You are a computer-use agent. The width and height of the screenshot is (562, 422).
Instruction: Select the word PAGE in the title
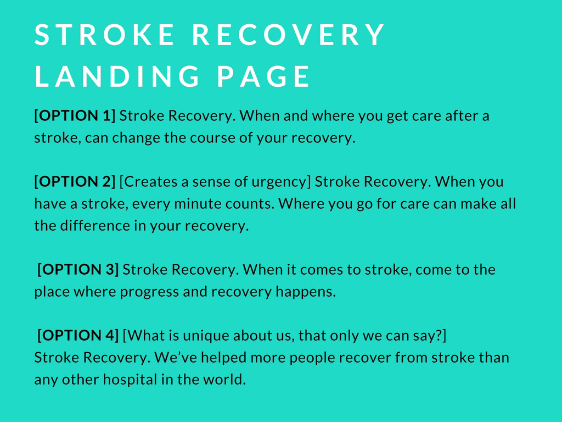(x=263, y=76)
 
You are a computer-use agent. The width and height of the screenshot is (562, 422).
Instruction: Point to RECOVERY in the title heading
(x=289, y=35)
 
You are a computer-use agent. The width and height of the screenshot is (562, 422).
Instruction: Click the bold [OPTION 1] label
(x=75, y=116)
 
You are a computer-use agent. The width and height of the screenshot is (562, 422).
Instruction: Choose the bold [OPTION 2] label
(x=75, y=182)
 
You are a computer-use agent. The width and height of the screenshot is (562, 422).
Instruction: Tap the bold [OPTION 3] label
(x=78, y=270)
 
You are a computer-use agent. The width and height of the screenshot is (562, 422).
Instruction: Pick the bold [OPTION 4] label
(x=78, y=336)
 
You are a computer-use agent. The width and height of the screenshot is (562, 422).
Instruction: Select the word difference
(x=93, y=226)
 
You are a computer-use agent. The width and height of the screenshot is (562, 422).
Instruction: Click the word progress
(x=149, y=292)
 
